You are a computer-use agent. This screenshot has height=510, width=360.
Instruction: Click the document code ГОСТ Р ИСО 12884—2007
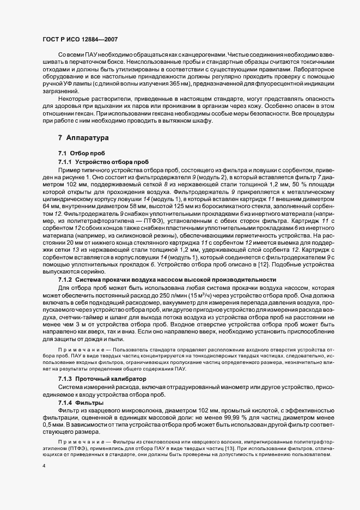[x=79, y=40]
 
